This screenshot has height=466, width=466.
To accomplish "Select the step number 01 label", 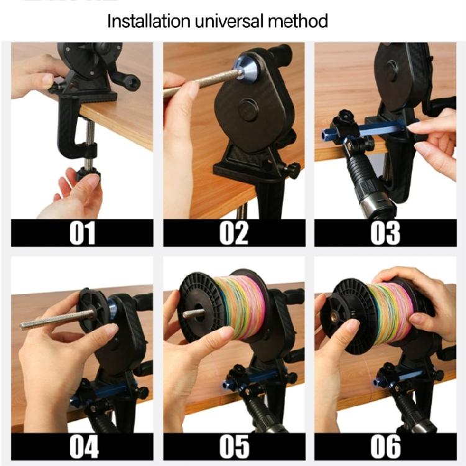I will [x=82, y=233].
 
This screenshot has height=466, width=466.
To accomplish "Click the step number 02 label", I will [x=234, y=233].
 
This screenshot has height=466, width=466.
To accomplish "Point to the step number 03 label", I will [x=385, y=233].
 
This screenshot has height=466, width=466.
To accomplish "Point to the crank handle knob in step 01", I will [x=132, y=82].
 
